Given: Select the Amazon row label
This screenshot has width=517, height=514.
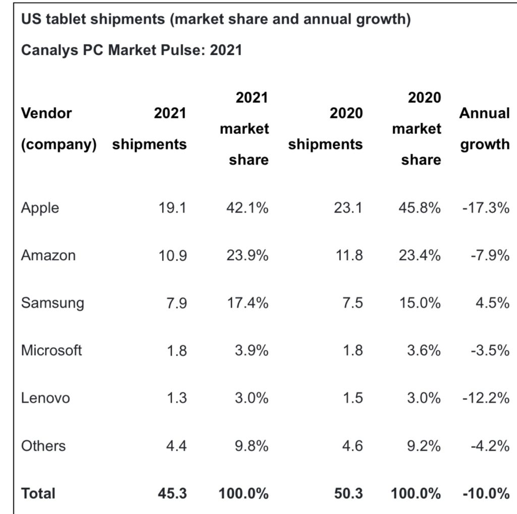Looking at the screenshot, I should click(x=48, y=255).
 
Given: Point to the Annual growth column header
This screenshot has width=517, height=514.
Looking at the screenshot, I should click(x=484, y=128).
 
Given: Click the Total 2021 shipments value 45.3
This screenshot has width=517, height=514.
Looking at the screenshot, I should click(x=172, y=493).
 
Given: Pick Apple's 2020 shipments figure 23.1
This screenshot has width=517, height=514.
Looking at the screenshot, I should click(x=348, y=208).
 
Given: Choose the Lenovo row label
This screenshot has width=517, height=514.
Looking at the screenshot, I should click(x=45, y=398).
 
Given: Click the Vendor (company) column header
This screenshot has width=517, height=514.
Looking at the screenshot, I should click(x=59, y=128).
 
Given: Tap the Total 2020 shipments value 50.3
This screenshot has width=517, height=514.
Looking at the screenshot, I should click(x=348, y=493).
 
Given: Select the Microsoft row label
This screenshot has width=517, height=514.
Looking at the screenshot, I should click(x=51, y=350).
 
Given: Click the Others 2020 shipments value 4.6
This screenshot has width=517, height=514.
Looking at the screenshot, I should click(x=351, y=445).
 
